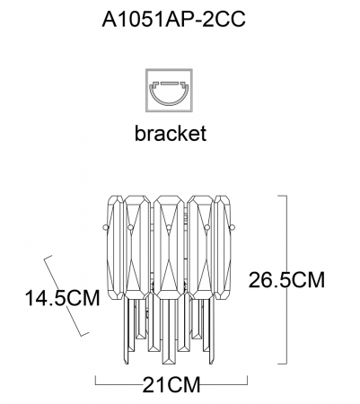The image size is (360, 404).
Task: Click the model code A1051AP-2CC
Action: (x=173, y=20)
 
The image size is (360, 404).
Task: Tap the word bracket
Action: (x=171, y=133)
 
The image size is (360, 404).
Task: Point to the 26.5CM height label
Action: (x=286, y=280)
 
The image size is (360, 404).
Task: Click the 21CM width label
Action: (x=171, y=384)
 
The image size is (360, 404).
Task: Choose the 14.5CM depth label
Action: (x=62, y=298)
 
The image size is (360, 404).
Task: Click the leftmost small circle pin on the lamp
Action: (x=105, y=228)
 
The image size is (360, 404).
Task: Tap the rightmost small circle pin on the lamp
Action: (x=232, y=228)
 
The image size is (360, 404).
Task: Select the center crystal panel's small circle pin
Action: (x=169, y=228)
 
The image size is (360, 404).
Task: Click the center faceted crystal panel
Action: (x=169, y=248)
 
